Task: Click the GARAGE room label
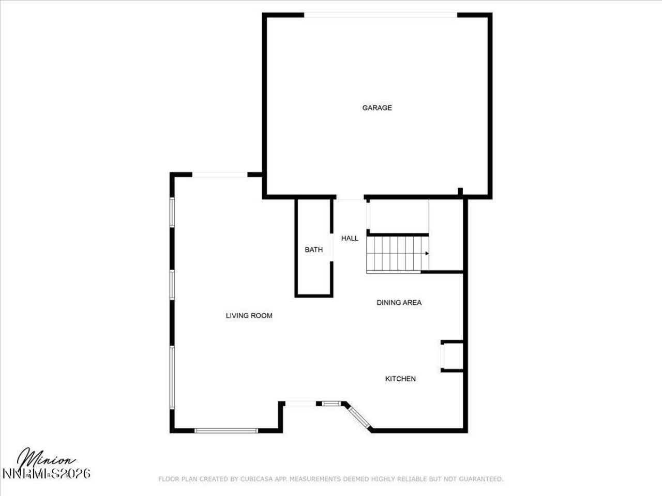377,108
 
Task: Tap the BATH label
313,250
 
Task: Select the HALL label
350,239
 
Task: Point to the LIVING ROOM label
249,316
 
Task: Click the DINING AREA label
399,303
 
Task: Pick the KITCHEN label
400,379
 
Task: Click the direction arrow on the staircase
426,254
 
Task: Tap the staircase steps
396,254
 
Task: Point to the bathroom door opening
332,249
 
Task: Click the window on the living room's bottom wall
225,430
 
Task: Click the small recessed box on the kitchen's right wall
452,356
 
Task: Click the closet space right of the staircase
446,235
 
